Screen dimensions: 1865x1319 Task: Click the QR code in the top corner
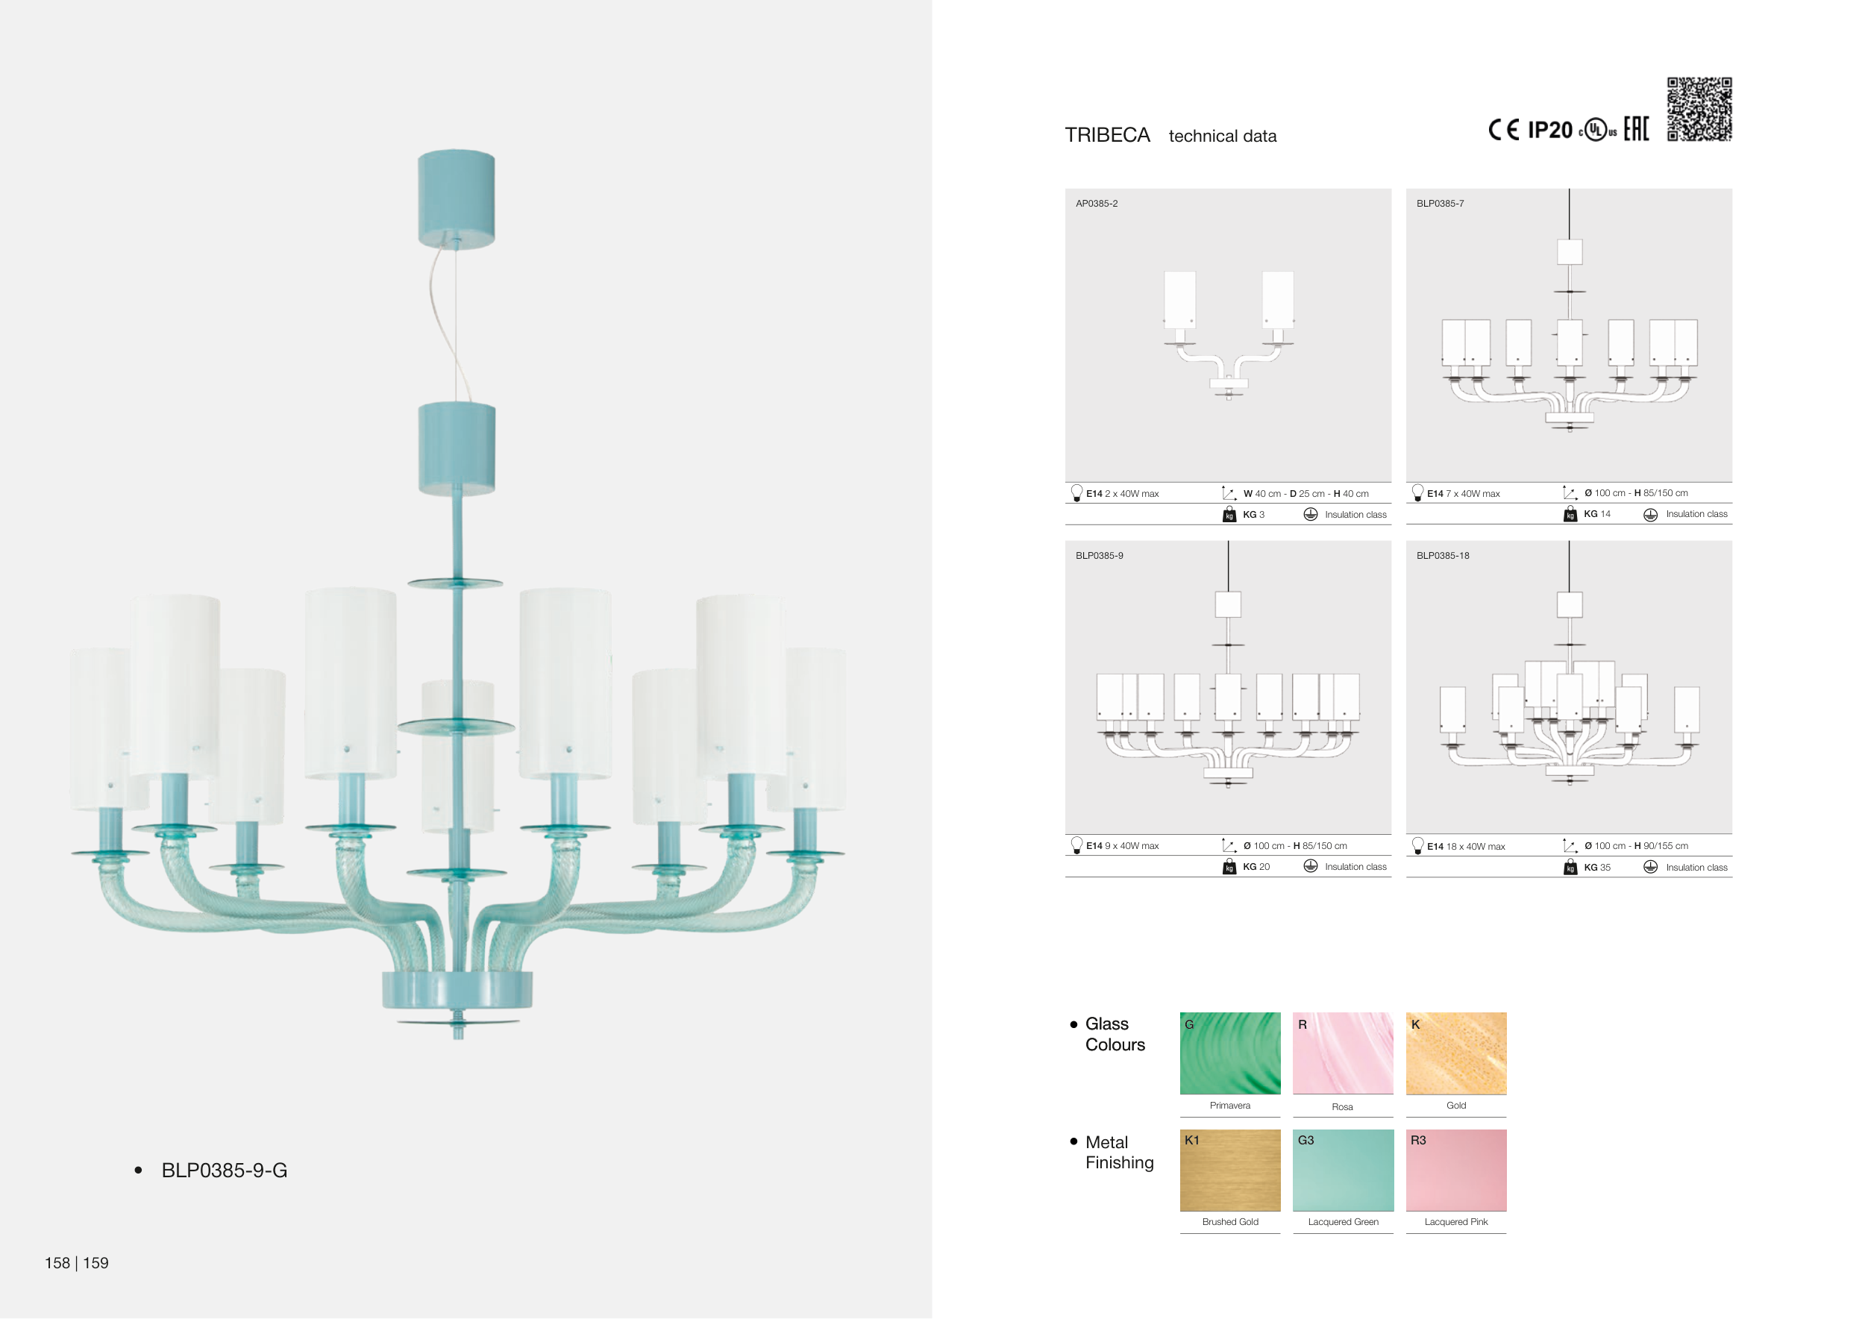[x=1699, y=109]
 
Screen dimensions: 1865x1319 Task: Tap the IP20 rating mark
[x=1550, y=130]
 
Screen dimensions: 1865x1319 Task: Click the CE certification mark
[x=1503, y=130]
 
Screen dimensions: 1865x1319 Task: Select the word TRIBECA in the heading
[x=1107, y=135]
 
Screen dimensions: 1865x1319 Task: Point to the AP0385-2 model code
[x=1097, y=203]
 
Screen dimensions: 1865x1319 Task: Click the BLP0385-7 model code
[x=1441, y=203]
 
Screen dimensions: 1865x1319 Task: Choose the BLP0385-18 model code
[x=1443, y=556]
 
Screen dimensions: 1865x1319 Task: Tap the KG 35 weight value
[x=1597, y=868]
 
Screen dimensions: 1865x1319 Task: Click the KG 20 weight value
[x=1256, y=867]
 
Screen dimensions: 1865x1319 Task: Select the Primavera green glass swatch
[x=1230, y=1053]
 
